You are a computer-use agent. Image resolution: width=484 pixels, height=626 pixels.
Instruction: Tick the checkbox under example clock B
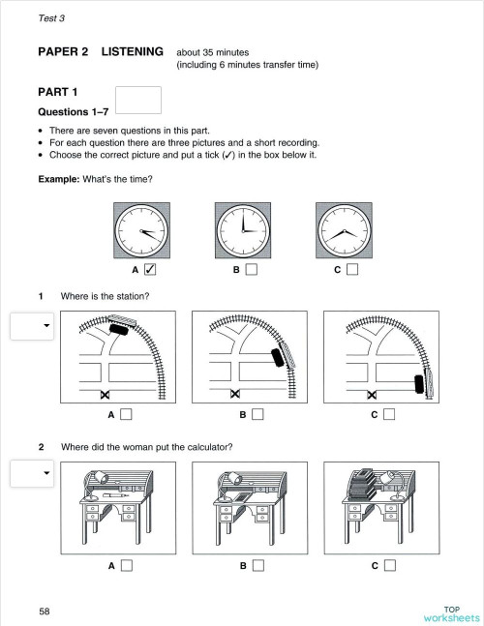tap(252, 270)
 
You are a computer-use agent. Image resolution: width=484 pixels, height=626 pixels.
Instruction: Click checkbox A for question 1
tap(126, 415)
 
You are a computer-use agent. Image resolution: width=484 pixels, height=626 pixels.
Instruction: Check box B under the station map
tap(257, 415)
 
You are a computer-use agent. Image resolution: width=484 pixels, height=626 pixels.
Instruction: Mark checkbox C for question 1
tap(388, 415)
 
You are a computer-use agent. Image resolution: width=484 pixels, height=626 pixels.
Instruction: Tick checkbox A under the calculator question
tap(126, 566)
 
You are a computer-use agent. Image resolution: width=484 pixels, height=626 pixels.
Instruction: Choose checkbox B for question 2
tap(257, 566)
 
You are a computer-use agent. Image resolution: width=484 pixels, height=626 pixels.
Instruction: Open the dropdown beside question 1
tap(34, 326)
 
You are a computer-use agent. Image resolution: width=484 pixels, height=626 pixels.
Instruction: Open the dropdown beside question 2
tap(34, 473)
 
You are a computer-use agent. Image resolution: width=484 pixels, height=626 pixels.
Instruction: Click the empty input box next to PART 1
tap(137, 100)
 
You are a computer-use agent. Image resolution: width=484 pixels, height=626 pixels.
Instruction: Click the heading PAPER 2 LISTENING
tap(101, 51)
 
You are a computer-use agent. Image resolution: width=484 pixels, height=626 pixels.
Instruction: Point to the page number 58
tap(45, 611)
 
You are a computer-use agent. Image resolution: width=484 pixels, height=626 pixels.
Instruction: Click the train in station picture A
tap(118, 329)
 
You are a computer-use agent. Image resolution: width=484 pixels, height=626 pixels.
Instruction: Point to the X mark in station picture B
tap(234, 394)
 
